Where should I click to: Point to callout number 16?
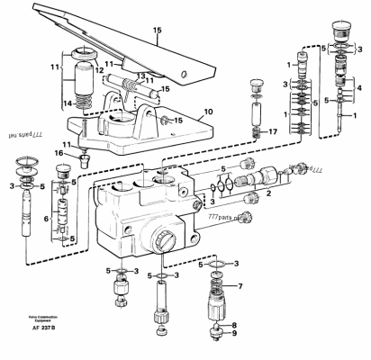click(x=60, y=155)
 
